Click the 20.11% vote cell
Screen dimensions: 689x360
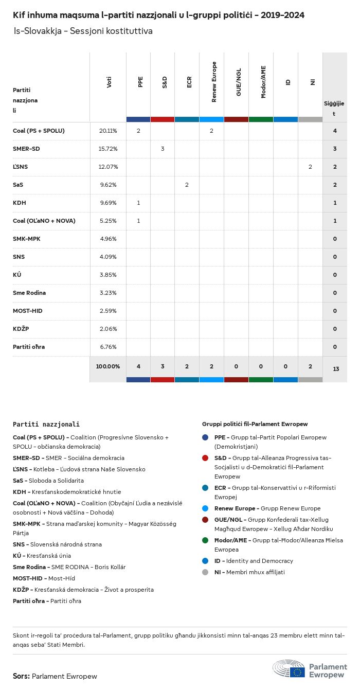click(108, 131)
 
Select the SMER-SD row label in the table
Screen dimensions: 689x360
click(26, 149)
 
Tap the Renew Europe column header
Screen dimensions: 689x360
click(214, 82)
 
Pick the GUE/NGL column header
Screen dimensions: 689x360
click(239, 82)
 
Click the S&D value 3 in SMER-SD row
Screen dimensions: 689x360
click(163, 149)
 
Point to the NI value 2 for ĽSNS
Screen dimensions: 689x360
click(310, 167)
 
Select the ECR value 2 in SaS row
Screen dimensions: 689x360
click(187, 185)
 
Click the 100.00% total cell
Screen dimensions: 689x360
click(108, 366)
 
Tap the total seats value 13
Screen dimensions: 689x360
click(335, 369)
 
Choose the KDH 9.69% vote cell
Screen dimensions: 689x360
click(108, 203)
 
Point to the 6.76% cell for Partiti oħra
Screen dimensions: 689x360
click(108, 347)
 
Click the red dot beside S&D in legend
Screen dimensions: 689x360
click(206, 458)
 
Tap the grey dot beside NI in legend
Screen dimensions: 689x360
click(206, 572)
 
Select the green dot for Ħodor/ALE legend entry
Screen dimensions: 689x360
click(206, 540)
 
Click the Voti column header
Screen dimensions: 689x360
click(109, 82)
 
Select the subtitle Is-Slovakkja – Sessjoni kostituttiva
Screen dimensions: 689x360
click(83, 31)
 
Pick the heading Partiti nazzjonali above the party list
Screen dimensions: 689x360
click(46, 425)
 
